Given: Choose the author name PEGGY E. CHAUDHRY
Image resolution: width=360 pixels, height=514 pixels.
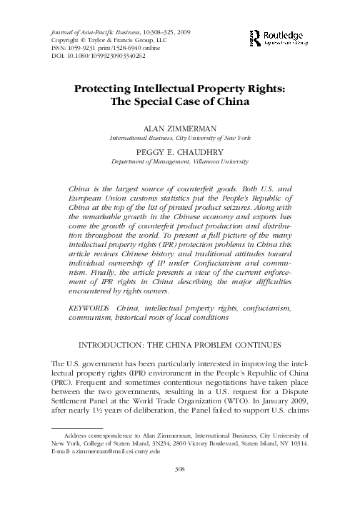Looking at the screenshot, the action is (x=180, y=152).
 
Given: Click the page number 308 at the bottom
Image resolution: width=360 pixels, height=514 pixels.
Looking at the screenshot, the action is (x=180, y=488).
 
